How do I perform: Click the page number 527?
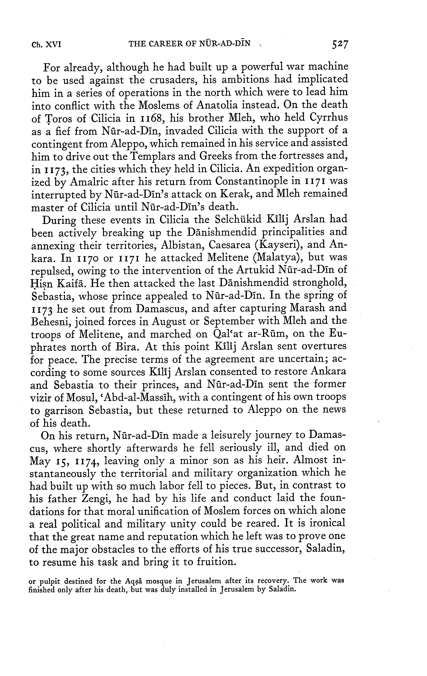tap(340, 45)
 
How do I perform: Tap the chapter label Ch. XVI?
tap(46, 45)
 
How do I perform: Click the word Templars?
tap(155, 156)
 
